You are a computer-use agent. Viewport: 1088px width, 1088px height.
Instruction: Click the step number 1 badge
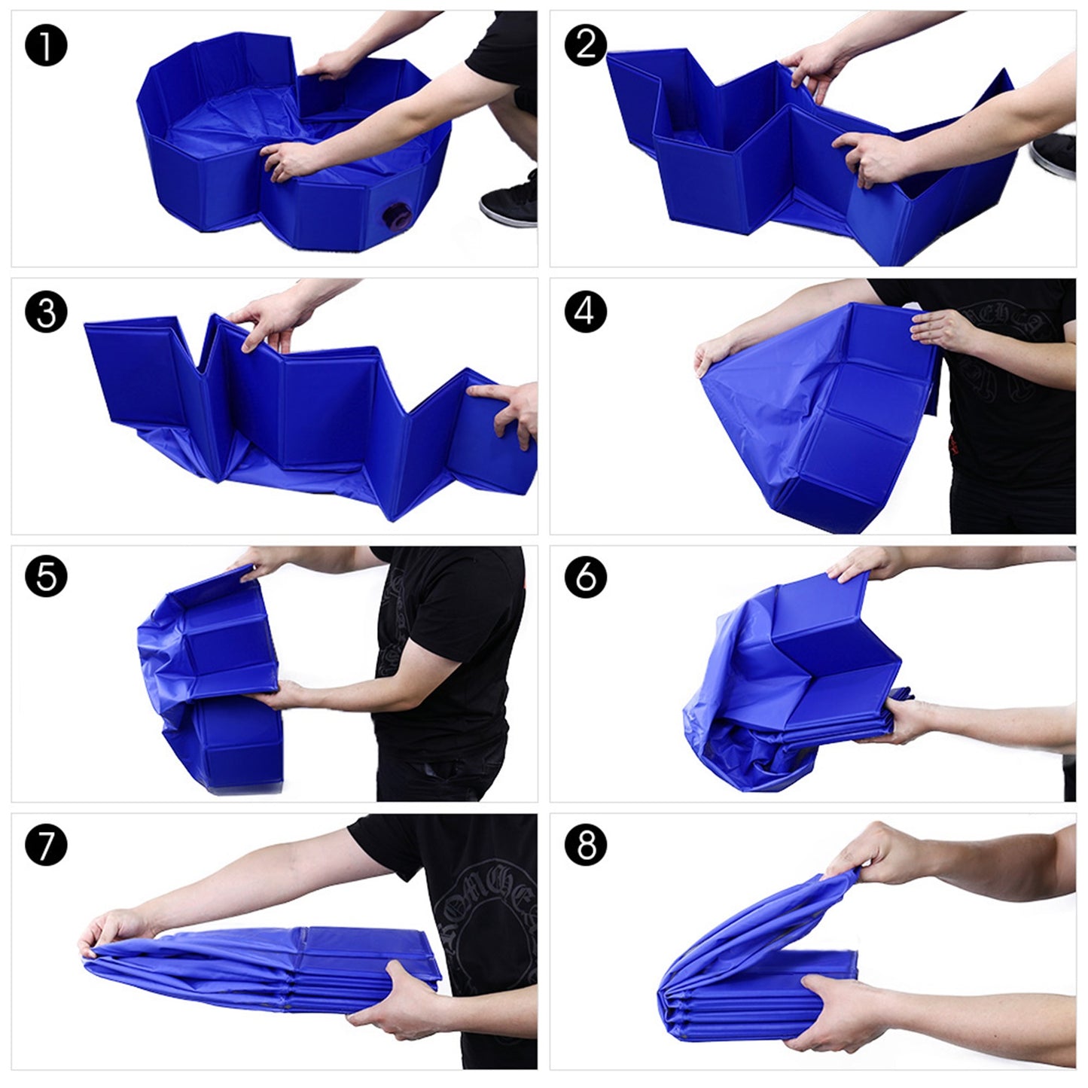tap(46, 45)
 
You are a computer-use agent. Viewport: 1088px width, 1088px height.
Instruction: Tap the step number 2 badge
tap(586, 45)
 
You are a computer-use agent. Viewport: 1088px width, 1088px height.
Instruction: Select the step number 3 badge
tap(46, 312)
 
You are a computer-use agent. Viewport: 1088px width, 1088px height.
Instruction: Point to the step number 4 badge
tap(586, 312)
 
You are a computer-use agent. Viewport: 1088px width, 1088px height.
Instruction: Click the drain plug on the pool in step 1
tap(395, 216)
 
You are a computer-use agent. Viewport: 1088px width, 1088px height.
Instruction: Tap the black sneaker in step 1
tap(509, 199)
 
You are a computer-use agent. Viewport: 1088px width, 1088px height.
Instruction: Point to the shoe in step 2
tap(1053, 155)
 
